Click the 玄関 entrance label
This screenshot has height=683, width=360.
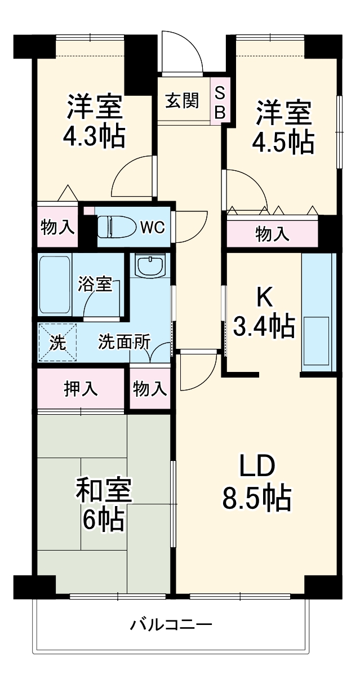point(181,101)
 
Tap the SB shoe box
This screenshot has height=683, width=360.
point(220,103)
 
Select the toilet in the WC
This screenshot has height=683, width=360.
point(115,227)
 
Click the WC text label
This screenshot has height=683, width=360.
point(152,227)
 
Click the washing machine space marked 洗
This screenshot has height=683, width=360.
point(56,342)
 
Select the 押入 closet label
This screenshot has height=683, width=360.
point(81,389)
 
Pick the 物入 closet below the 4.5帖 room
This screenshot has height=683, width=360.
point(273,233)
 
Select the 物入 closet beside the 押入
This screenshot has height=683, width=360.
point(150,388)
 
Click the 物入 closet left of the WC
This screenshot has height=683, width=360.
point(57,227)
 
